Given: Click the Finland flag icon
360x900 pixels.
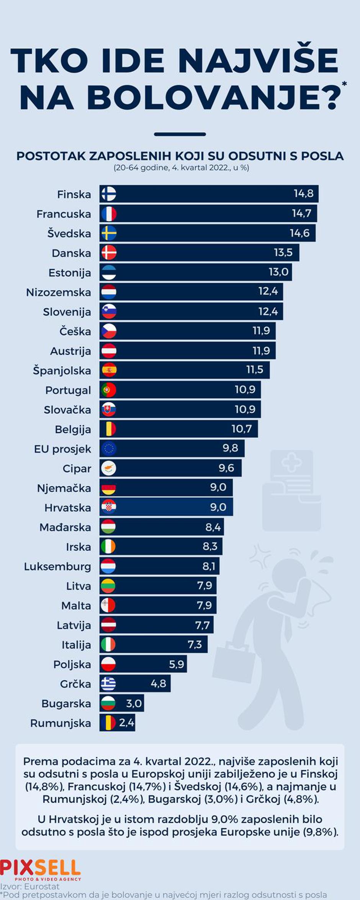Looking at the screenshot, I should coord(109,194).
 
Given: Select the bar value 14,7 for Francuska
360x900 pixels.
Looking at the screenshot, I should coord(301,213).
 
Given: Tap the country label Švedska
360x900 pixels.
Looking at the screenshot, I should coord(69,233).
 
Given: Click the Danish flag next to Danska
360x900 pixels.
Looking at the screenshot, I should coord(109,253).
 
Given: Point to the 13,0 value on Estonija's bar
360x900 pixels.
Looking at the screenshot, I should coord(278,272).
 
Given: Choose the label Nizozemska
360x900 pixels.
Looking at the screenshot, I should coord(59,292).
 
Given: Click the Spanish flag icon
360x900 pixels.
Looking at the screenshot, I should coord(109,370).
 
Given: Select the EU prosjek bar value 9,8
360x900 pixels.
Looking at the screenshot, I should coord(230,448).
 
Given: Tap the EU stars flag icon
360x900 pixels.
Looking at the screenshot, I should coord(109,448).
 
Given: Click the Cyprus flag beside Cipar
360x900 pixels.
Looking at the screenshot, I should coord(109,468).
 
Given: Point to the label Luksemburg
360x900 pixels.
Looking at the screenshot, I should coord(57,566).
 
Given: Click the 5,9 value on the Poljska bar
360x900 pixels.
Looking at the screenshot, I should coord(177,664).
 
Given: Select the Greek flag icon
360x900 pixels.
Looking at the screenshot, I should coord(108,683).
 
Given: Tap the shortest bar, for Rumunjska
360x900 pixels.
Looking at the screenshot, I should coord(117,723).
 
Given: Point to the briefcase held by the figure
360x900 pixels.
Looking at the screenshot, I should coord(234,664).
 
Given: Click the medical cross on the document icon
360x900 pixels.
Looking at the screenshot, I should coord(292,463).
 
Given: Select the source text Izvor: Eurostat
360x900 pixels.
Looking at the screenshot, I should coord(30,887).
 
